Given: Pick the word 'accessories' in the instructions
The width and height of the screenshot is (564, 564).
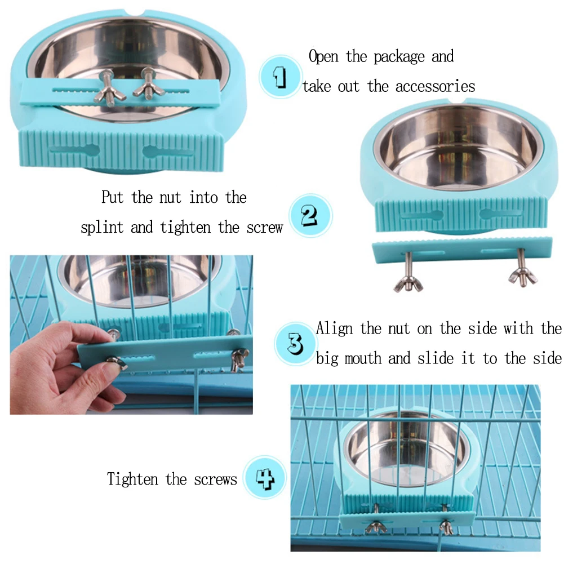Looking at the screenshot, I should coord(435,86).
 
